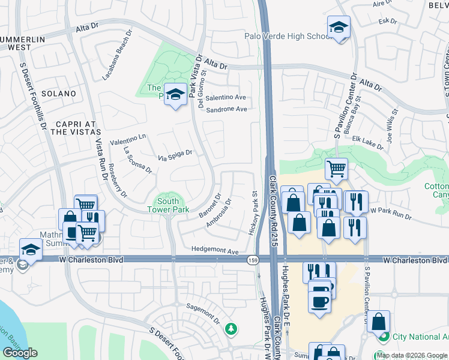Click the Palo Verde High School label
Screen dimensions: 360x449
(x=288, y=36)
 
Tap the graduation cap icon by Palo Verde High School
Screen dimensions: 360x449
(x=339, y=28)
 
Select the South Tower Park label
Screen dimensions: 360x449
(x=168, y=205)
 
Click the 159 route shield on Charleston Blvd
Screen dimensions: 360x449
(x=253, y=260)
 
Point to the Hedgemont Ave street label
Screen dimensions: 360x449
(x=215, y=251)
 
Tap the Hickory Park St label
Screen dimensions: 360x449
(x=253, y=213)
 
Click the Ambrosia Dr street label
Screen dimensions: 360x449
(x=218, y=215)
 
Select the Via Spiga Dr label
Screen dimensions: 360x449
(x=175, y=155)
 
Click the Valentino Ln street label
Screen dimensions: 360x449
(x=128, y=139)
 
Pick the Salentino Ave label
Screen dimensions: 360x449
(x=226, y=97)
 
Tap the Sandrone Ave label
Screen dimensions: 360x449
(x=226, y=109)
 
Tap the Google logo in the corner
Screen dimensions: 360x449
(x=20, y=353)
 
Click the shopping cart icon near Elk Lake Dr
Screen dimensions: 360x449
(x=336, y=169)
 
